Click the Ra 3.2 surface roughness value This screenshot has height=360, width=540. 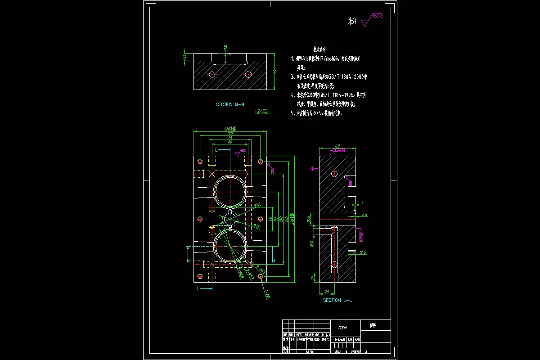[x=377, y=16]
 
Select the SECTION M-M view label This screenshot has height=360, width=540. [x=230, y=104]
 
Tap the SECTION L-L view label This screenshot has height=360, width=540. [x=338, y=300]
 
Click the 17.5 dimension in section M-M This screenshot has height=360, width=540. [x=225, y=48]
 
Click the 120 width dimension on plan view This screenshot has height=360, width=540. [x=230, y=129]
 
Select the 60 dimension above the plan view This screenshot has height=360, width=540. [x=230, y=142]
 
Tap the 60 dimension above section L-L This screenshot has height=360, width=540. [x=337, y=146]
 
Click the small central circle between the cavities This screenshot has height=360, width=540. [x=230, y=218]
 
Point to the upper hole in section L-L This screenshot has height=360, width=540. [x=333, y=174]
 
